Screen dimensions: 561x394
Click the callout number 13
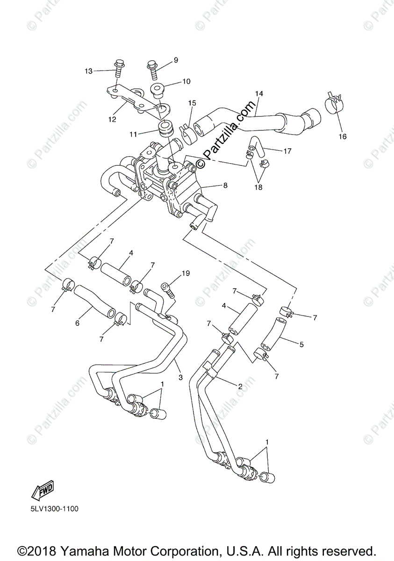tap(89, 71)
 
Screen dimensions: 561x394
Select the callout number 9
tap(176, 60)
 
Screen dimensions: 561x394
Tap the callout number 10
tap(173, 81)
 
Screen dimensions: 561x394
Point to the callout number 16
tap(343, 137)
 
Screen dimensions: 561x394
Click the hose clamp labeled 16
tap(335, 104)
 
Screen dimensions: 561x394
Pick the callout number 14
tap(259, 93)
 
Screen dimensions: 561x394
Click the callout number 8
tap(225, 185)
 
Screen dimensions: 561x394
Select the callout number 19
tap(186, 273)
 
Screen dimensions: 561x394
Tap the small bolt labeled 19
tap(167, 289)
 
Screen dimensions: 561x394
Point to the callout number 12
tap(112, 119)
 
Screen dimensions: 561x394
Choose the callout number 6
tap(78, 323)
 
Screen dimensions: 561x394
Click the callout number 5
tap(301, 345)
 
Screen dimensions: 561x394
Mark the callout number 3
tap(180, 377)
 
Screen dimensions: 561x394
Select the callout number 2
tap(240, 386)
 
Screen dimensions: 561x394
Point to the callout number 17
tap(287, 151)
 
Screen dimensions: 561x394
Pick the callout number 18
tap(258, 187)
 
